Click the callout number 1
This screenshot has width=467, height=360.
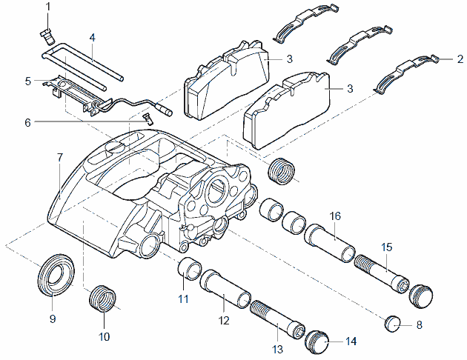48,7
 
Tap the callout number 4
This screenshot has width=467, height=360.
92,37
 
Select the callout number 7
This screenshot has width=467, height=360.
60,157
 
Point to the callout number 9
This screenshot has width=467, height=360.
52,319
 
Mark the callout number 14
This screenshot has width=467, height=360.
351,341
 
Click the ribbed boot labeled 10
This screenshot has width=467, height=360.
103,301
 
